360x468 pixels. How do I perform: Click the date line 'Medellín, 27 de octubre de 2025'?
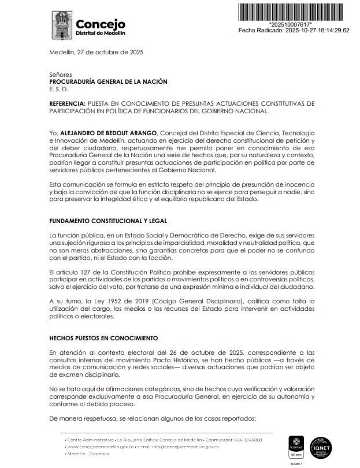coord(96,52)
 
